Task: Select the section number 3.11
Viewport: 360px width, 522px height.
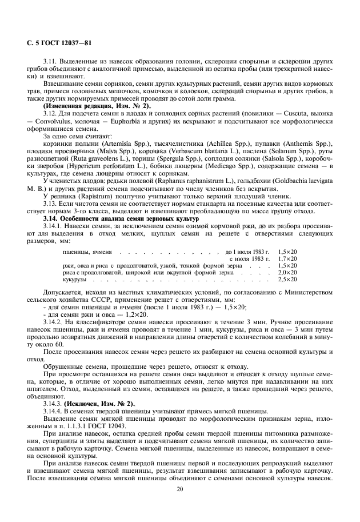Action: point(51,60)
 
